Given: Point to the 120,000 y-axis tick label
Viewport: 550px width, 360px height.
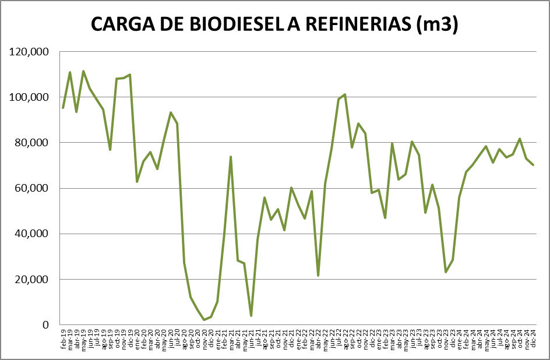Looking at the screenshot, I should [29, 52].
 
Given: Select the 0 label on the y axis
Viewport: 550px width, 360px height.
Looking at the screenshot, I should [45, 325].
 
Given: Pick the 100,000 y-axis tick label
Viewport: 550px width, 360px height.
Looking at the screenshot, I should [29, 97].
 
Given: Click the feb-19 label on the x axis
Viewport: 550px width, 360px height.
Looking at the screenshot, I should [63, 338].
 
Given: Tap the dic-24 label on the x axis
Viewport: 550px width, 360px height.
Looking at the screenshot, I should [533, 338].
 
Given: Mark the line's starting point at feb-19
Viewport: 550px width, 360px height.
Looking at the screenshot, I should [63, 108].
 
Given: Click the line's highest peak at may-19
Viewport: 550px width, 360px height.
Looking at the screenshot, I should [83, 71].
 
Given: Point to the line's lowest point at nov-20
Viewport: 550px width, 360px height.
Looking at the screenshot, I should [204, 320].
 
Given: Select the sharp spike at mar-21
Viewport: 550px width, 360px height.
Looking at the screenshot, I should [231, 157].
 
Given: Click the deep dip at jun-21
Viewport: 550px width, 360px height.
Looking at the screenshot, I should [251, 316].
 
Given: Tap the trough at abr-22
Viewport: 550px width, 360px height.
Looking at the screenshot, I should [318, 276].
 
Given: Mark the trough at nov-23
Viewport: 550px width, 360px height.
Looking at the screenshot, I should [446, 272].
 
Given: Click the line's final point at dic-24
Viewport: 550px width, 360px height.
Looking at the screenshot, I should [533, 165].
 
